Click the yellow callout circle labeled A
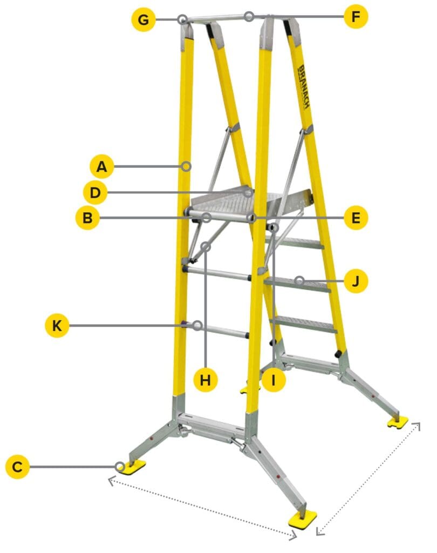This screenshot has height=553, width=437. click(x=102, y=166)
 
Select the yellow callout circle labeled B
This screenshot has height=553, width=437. click(x=87, y=218)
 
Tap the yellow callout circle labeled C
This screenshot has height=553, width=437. click(x=17, y=467)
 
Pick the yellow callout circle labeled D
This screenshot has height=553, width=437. click(x=95, y=193)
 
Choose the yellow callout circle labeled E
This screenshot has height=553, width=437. click(x=356, y=218)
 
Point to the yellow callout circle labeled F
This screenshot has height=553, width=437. click(x=356, y=16)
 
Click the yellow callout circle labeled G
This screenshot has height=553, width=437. click(x=144, y=19)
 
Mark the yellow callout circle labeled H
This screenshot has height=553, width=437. click(x=206, y=380)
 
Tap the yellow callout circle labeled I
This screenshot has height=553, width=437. click(x=274, y=380)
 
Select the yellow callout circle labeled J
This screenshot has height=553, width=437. click(x=356, y=281)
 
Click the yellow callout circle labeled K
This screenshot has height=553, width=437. click(x=57, y=325)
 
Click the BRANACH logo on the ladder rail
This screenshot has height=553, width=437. click(x=304, y=86)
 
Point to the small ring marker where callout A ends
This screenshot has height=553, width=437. click(x=187, y=166)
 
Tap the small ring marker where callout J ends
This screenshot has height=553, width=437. click(x=299, y=281)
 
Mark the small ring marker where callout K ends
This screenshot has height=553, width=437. click(x=197, y=325)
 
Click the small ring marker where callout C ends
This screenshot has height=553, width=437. click(x=120, y=467)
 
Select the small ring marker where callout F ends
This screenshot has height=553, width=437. click(x=249, y=16)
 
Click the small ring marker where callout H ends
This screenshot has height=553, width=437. click(x=206, y=246)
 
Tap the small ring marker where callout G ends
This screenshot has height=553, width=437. click(x=182, y=19)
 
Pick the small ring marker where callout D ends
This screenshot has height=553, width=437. click(x=249, y=193)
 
